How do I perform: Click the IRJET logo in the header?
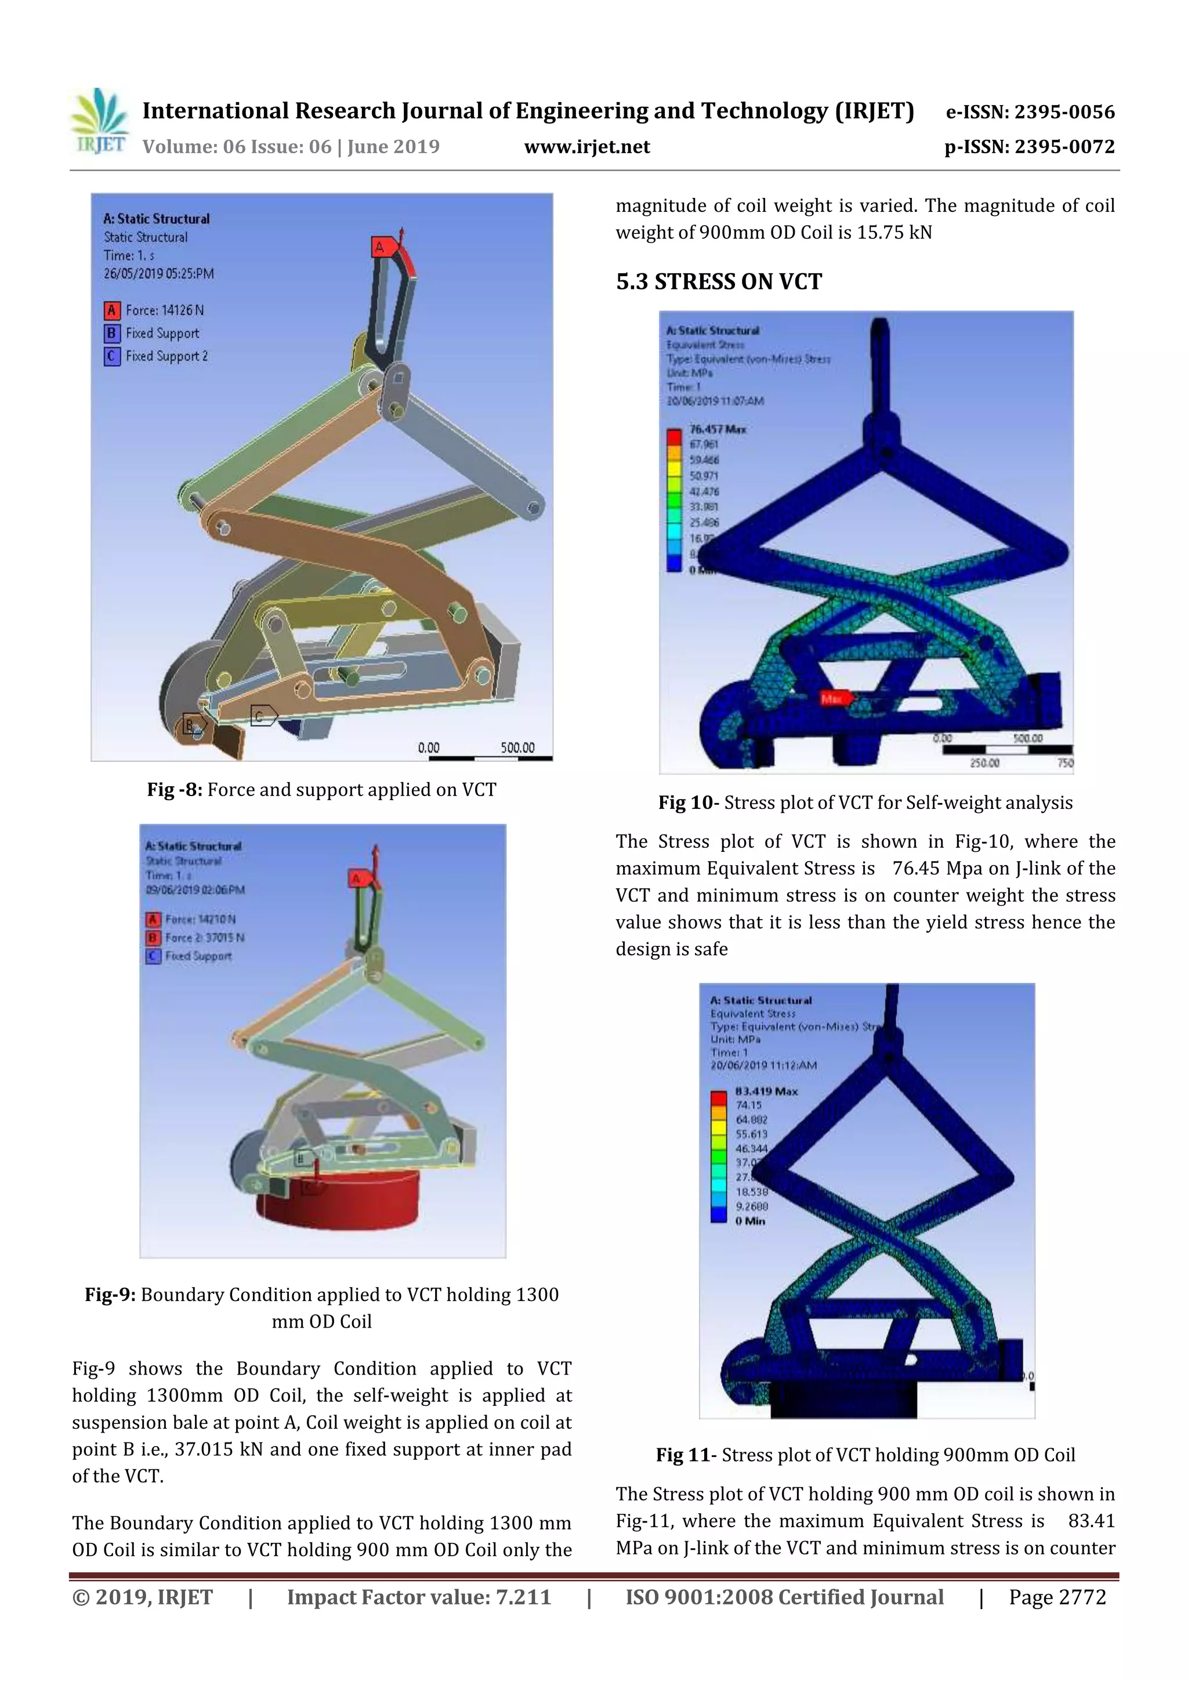click(98, 121)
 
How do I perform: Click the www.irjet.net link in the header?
click(587, 147)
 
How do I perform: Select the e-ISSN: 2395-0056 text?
click(1030, 112)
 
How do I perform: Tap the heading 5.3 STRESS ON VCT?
click(719, 282)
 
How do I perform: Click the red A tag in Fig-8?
click(380, 247)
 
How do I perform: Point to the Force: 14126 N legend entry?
click(164, 310)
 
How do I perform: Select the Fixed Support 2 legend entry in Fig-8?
click(166, 356)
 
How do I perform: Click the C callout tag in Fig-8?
click(260, 715)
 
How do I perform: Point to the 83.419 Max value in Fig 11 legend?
click(766, 1091)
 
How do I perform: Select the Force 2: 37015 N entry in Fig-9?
click(204, 937)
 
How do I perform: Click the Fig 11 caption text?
click(865, 1455)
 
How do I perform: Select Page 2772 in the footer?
click(1057, 1597)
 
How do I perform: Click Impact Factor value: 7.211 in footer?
click(419, 1597)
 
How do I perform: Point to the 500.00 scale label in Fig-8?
click(517, 747)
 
